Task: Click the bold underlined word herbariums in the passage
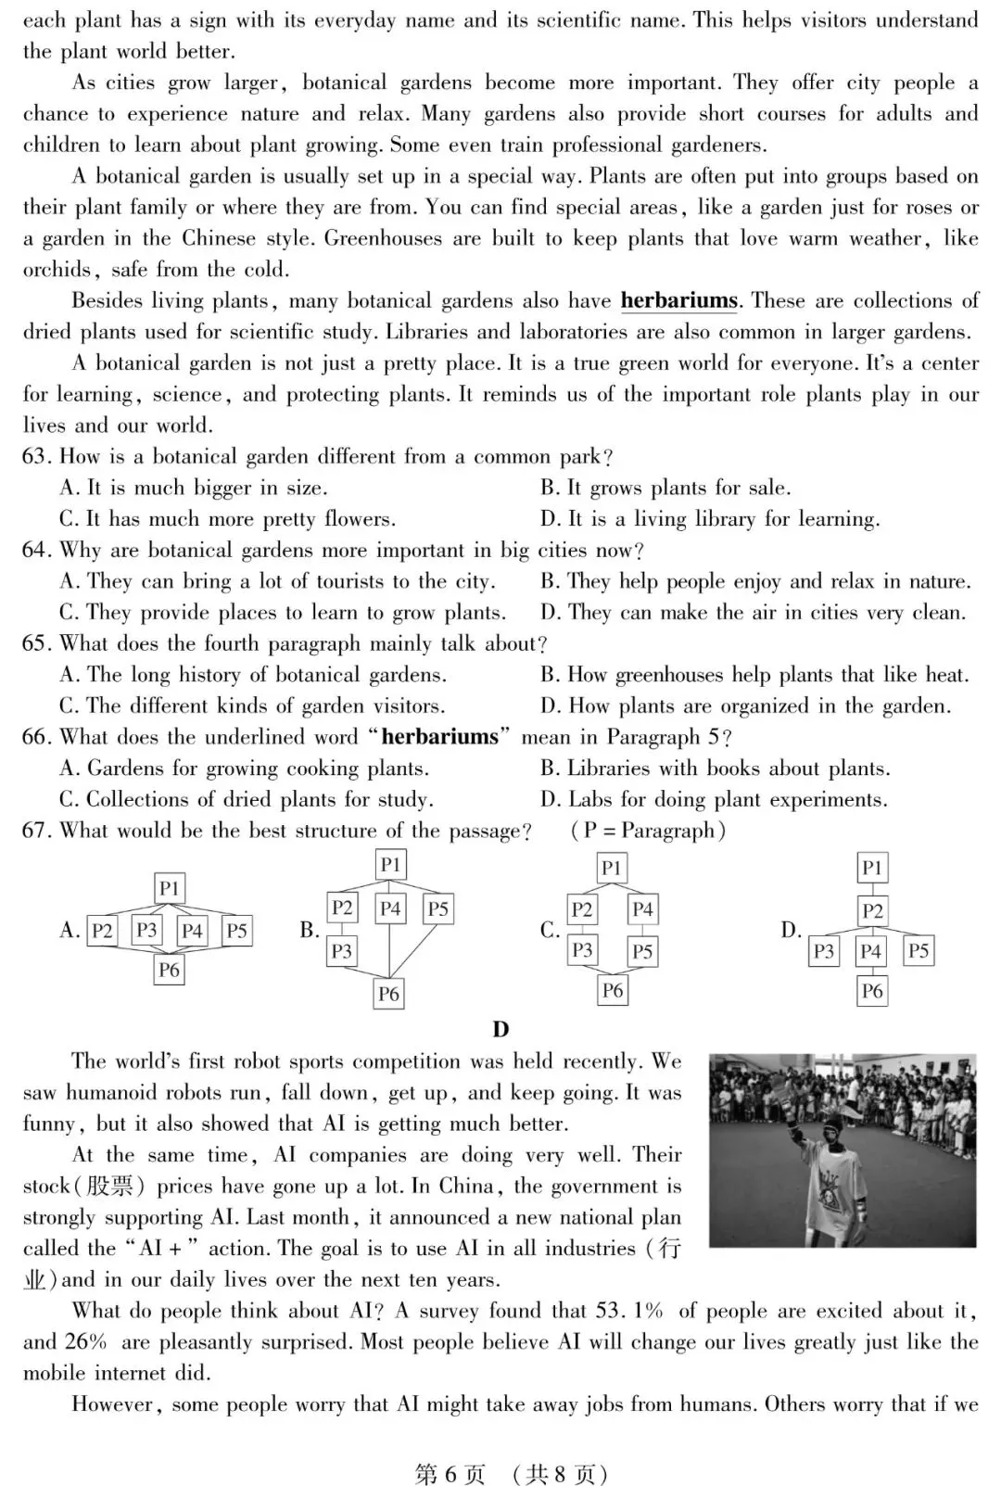678,301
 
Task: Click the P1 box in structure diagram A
169,888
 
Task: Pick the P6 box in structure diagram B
388,994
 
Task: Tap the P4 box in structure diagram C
642,909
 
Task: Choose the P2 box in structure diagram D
871,910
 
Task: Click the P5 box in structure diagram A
236,930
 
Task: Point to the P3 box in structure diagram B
342,950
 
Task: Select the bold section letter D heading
500,1029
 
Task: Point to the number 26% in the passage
86,1342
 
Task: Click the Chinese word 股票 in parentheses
108,1187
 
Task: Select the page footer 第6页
450,1474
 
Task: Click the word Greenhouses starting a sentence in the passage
382,238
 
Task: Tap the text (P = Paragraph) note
648,831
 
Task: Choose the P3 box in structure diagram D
823,951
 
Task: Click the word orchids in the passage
57,270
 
